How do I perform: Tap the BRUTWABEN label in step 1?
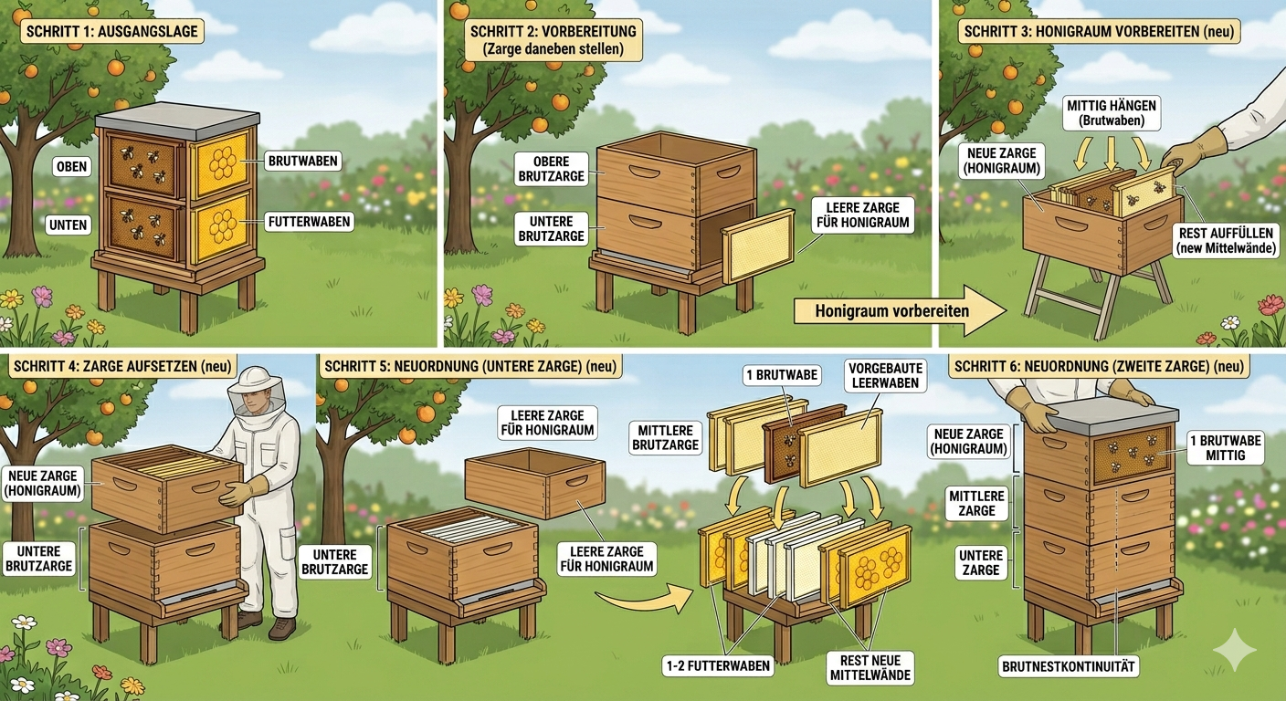tap(303, 162)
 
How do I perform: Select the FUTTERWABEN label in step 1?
tap(309, 221)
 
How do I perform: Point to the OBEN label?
tap(71, 166)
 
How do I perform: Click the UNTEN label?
tap(69, 225)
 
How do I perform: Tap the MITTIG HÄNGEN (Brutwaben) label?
tap(1112, 114)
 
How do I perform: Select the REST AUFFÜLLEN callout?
tap(1226, 240)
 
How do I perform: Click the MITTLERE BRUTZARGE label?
tap(666, 436)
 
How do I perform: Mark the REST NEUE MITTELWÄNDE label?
tap(865, 667)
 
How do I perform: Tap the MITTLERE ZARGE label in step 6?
tap(976, 502)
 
